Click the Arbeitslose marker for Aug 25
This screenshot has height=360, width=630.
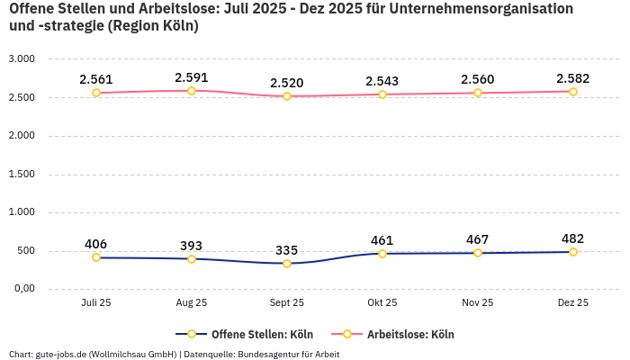point(192,91)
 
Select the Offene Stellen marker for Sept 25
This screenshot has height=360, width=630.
point(287,264)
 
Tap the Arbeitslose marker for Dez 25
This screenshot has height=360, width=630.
point(572,92)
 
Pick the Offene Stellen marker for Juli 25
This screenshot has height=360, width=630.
point(96,257)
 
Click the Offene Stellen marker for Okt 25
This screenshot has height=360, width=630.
point(382,254)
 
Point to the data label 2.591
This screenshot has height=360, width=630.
point(192,77)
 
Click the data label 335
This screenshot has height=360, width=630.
point(287,250)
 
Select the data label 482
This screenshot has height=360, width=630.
point(572,238)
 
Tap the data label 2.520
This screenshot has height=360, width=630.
point(287,83)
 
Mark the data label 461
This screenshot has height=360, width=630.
point(382,240)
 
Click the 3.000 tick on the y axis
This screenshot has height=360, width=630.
point(22,58)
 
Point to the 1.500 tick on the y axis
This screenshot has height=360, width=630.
point(22,174)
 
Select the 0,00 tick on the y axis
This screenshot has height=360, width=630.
point(22,289)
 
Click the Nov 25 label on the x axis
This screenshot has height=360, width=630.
point(477,303)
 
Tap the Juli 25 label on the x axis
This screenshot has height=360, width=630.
point(96,303)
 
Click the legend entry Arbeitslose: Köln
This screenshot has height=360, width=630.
point(409,334)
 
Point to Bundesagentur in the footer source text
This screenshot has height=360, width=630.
point(269,354)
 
